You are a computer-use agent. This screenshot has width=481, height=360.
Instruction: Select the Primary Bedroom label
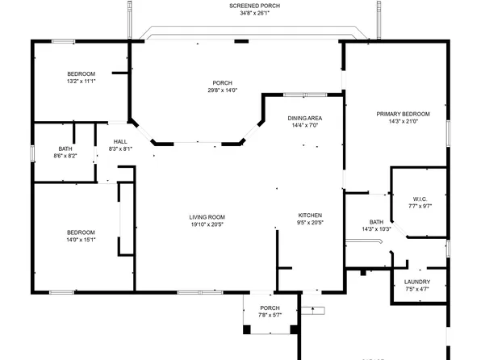(403, 114)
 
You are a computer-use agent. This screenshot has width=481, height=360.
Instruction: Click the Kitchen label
(310, 216)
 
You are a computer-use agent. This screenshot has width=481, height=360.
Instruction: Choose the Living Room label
(207, 216)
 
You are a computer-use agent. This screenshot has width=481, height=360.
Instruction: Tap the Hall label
(120, 141)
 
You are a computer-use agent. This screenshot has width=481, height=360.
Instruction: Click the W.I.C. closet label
(420, 199)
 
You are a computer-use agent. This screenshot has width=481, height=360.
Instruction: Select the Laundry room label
(417, 281)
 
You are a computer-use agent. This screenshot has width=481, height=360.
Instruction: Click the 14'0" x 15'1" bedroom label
(81, 240)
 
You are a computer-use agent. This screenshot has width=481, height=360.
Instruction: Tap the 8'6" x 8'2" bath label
(65, 156)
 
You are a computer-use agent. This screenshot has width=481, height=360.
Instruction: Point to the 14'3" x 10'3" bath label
(376, 229)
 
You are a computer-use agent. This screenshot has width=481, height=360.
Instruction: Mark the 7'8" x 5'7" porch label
(270, 316)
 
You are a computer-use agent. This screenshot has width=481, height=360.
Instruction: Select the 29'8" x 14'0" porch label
(222, 90)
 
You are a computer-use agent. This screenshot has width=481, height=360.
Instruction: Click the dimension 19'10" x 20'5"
(207, 224)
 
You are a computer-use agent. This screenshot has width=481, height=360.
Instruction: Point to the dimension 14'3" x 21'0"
(403, 122)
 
